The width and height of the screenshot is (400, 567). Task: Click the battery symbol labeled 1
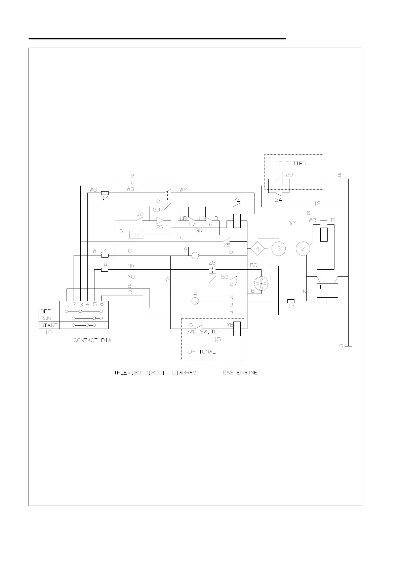327,290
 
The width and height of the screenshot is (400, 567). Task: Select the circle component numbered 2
303,249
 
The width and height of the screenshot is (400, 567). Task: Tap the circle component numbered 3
278,249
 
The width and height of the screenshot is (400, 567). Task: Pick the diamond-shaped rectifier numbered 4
258,249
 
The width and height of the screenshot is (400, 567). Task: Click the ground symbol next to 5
348,347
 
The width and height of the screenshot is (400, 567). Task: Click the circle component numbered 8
195,301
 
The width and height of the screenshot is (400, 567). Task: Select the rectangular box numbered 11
136,235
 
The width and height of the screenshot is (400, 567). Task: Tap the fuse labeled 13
291,301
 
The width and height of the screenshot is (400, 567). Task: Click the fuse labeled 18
105,270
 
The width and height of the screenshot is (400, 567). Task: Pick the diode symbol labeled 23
160,221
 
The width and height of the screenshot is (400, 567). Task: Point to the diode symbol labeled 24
278,193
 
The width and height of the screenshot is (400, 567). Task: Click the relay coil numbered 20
279,179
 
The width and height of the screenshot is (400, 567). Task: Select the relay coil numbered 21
167,206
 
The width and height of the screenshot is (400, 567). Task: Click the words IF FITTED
291,164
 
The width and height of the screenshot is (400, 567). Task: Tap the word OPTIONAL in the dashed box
202,352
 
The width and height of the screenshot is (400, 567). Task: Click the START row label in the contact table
49,325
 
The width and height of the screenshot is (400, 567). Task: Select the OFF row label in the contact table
45,311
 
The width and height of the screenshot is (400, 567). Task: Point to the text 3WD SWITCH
204,332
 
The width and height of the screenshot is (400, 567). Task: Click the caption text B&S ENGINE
240,373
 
